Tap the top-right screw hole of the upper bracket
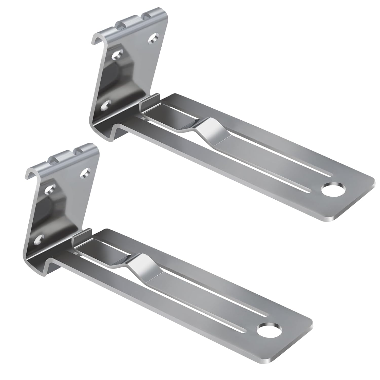pyautogui.click(x=154, y=38)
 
